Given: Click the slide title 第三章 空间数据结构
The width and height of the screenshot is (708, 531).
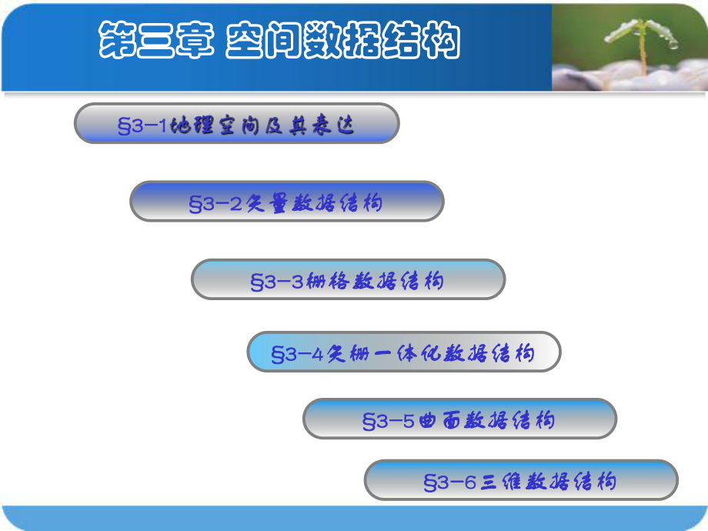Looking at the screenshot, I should click(x=279, y=40).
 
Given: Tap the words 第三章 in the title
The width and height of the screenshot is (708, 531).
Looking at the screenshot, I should click(x=155, y=40).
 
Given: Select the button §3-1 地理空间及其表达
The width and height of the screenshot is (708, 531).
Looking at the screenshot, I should click(x=236, y=124).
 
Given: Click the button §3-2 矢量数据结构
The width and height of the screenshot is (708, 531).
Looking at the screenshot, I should click(x=286, y=202).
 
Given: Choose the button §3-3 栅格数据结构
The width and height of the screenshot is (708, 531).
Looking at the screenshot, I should click(x=348, y=279).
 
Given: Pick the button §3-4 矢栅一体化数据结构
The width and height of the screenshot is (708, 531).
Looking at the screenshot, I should click(x=403, y=352).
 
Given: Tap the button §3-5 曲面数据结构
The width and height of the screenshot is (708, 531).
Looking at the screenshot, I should click(x=459, y=419).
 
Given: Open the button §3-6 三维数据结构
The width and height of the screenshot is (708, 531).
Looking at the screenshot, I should click(x=520, y=481).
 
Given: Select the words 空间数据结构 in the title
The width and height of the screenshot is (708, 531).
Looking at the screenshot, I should click(x=342, y=40).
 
